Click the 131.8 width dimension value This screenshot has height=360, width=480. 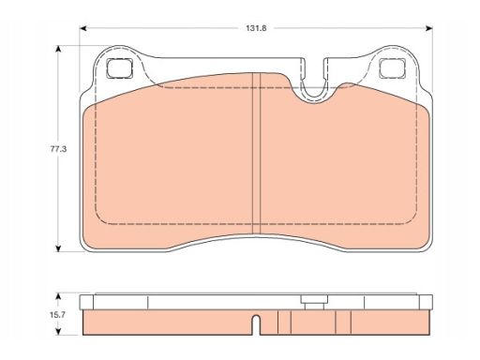(x=256, y=28)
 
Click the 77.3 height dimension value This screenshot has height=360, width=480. (x=58, y=149)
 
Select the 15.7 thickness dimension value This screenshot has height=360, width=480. (x=57, y=315)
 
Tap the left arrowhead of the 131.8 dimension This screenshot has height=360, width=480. (x=82, y=28)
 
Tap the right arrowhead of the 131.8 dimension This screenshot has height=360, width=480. (x=429, y=28)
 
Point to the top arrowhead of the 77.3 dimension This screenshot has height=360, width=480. (x=58, y=49)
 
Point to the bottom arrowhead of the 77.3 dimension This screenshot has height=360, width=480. (x=58, y=248)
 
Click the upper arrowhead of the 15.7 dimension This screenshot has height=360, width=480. (x=58, y=296)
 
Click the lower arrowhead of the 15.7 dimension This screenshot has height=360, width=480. (x=58, y=332)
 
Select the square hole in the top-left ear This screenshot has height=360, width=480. (x=119, y=68)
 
